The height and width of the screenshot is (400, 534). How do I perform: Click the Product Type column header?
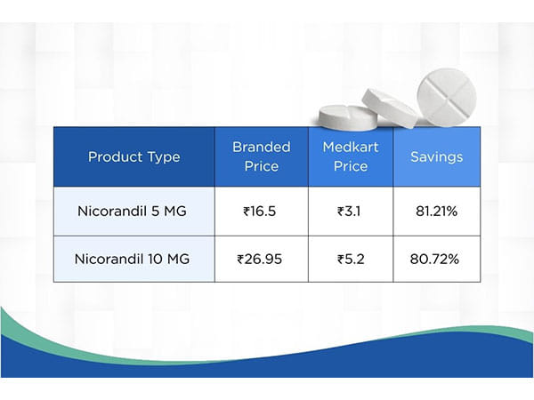(133, 157)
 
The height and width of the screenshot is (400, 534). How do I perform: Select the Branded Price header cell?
(261, 156)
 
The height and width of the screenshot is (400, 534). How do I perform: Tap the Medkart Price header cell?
(350, 156)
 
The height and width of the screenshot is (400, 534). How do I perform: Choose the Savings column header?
(436, 157)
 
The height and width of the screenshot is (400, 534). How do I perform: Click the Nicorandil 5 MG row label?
(133, 212)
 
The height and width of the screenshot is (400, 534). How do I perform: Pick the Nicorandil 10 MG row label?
(133, 260)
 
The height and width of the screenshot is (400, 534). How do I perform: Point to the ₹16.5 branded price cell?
(261, 212)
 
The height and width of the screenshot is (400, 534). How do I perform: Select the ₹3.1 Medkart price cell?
(350, 212)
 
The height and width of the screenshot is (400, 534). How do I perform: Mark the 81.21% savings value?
(436, 212)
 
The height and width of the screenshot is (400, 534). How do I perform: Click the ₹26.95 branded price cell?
(261, 260)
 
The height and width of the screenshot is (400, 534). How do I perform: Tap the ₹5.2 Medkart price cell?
(350, 260)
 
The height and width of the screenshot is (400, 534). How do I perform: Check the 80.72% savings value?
(436, 260)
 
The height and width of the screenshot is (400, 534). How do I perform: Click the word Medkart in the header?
(350, 148)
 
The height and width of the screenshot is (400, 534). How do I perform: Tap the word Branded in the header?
(261, 148)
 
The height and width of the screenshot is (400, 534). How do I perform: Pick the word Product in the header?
(113, 157)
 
